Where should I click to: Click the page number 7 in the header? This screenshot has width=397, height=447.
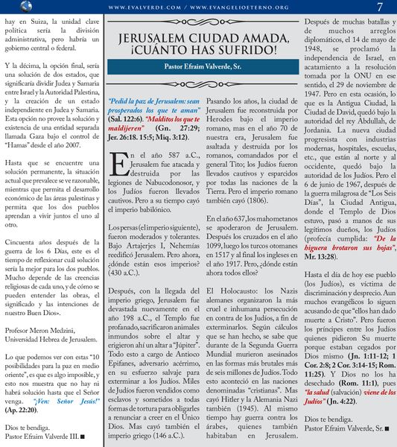(x=380, y=7)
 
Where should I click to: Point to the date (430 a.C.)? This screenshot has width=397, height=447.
(x=126, y=251)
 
